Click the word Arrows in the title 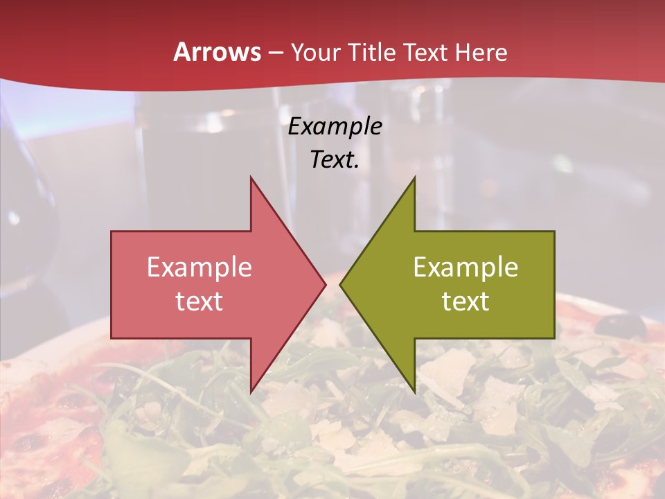coord(218,52)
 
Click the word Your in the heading coord(314,53)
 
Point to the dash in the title coord(276,53)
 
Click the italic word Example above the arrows coord(335,127)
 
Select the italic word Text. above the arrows coord(335,159)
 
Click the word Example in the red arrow coord(199,268)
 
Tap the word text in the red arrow coord(199,301)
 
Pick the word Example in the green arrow coord(465,268)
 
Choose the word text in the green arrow coord(465,301)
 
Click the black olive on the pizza coord(621,324)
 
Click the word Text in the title coord(424,52)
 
